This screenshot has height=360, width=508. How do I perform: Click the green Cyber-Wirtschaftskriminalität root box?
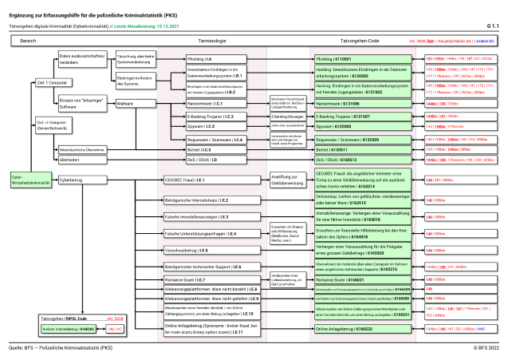point(22,180)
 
